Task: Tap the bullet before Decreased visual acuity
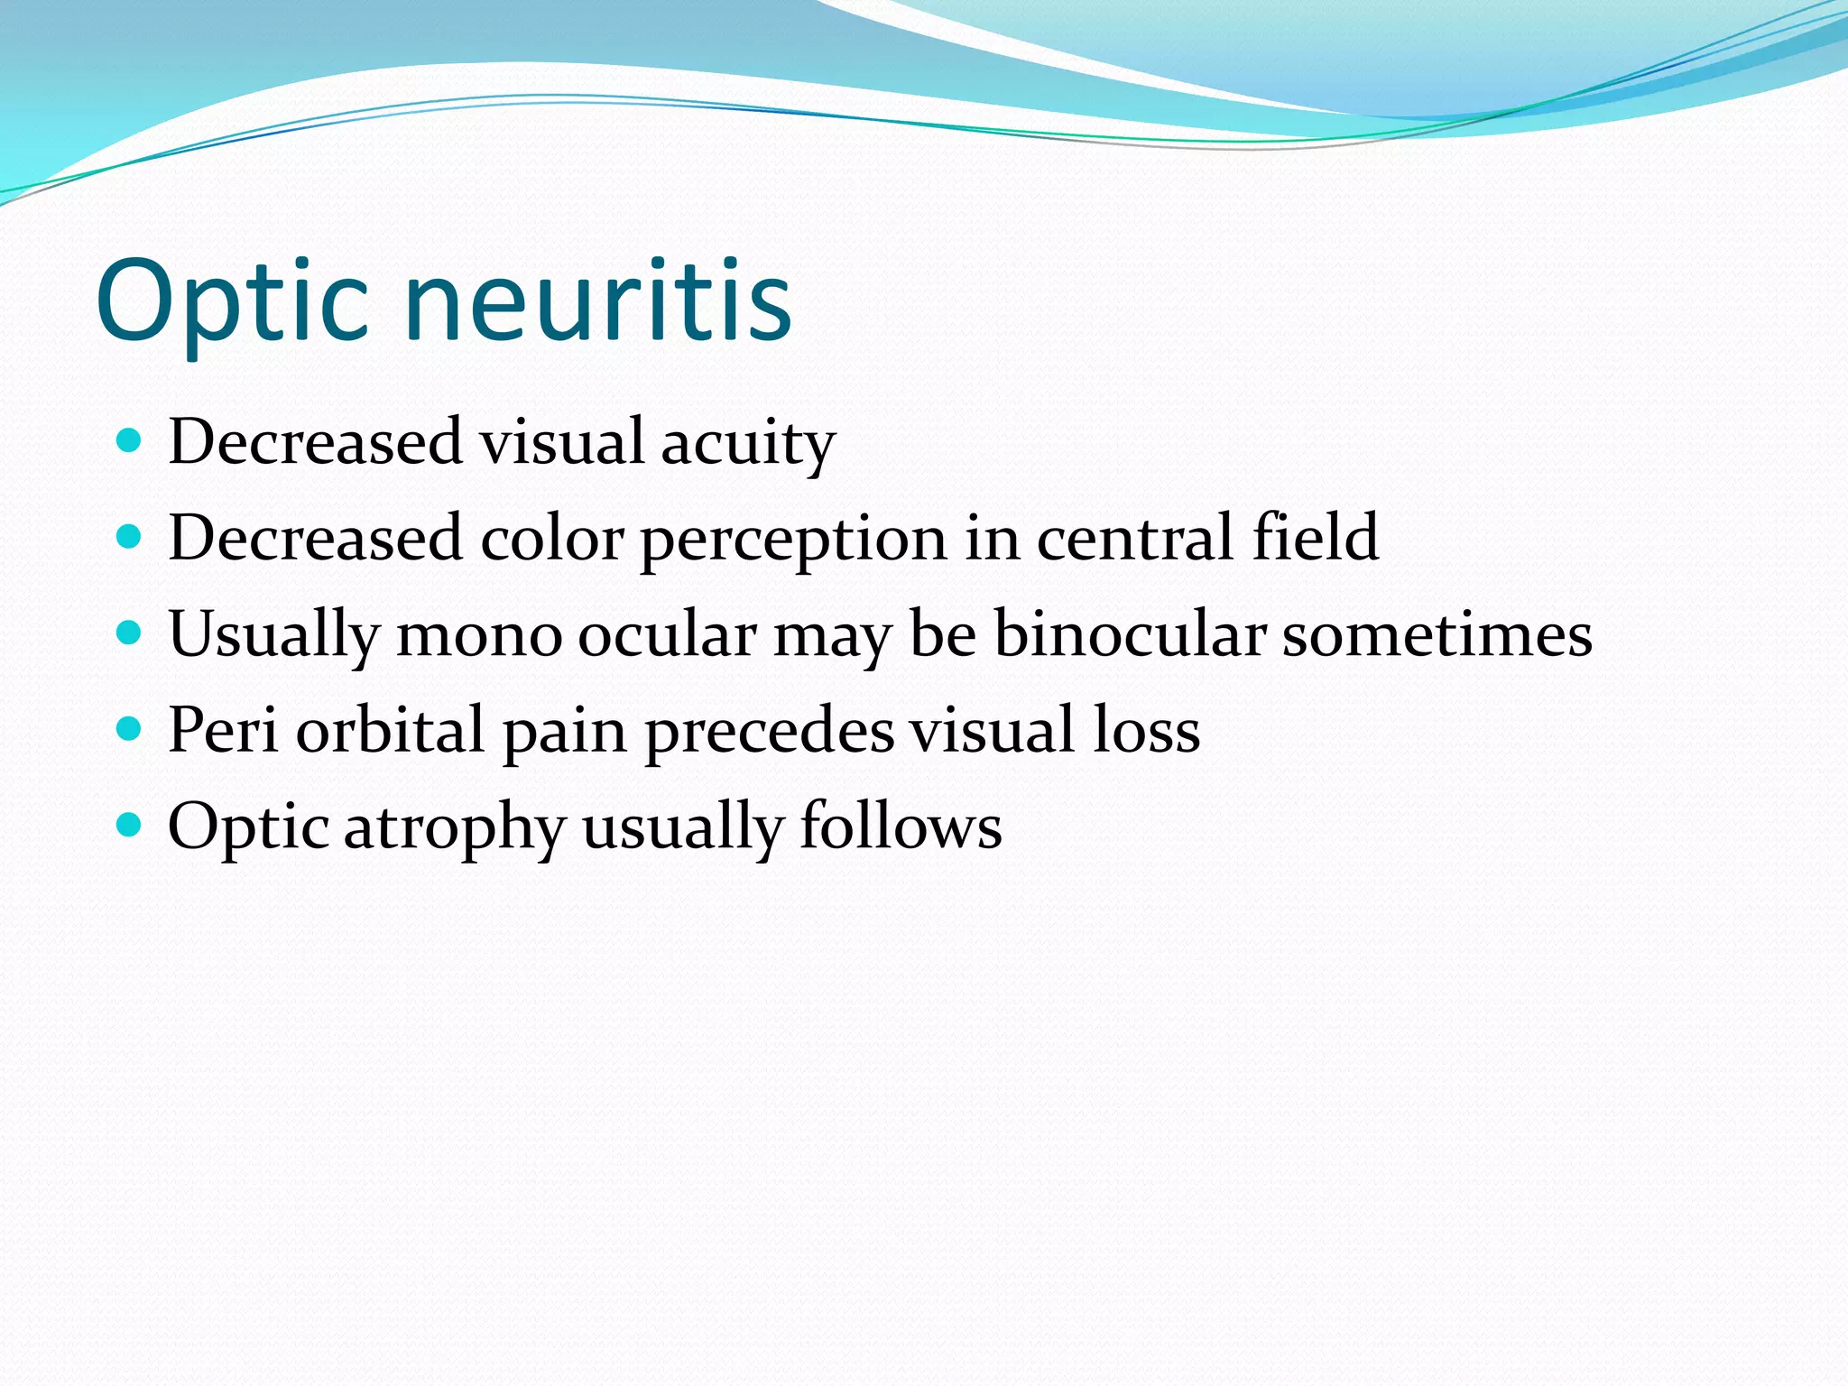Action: coord(130,441)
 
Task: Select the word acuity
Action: coord(748,444)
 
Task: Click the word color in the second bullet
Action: coord(551,539)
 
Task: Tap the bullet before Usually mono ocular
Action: coord(130,633)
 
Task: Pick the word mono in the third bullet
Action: coord(479,636)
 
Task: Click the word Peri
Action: coord(223,729)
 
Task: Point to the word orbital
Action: coord(391,729)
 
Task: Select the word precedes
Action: coord(770,732)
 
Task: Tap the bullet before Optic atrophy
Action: coord(130,825)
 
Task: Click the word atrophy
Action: coord(455,828)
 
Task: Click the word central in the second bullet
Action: coord(1135,539)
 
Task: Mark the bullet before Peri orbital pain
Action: coord(130,729)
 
